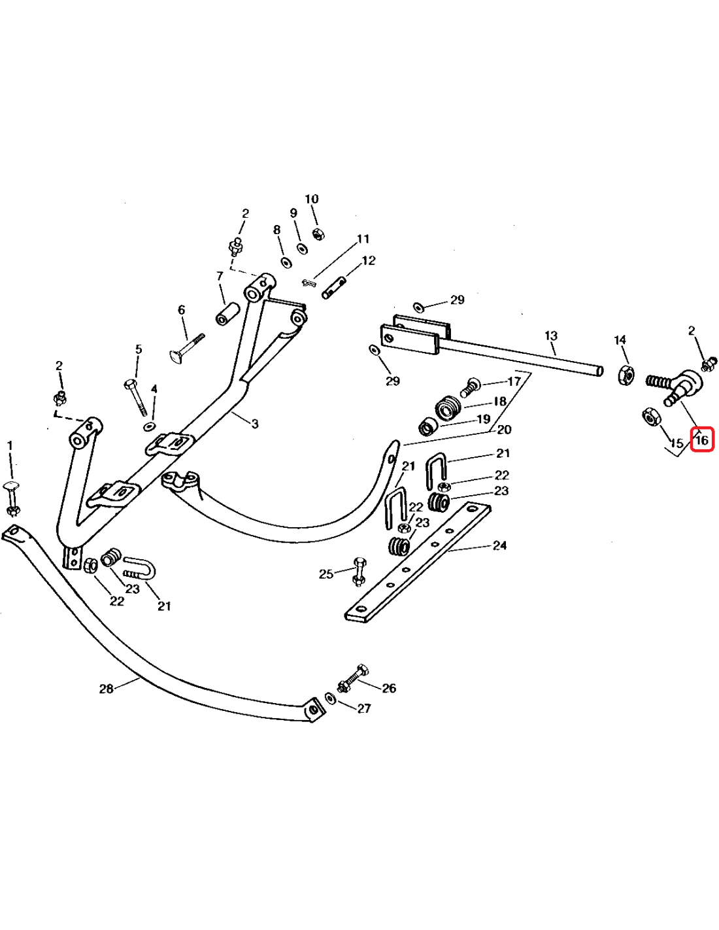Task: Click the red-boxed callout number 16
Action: click(702, 439)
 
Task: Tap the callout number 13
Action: click(551, 336)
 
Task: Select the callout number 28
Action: click(107, 689)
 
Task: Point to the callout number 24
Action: click(499, 545)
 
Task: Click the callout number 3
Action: click(255, 424)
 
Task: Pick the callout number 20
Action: click(505, 429)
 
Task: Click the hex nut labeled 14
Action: click(626, 375)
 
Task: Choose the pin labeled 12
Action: click(335, 288)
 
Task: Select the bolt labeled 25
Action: click(358, 572)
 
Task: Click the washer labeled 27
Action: click(330, 698)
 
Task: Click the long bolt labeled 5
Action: click(137, 397)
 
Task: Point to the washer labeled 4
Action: click(150, 426)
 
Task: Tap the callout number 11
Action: click(363, 238)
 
